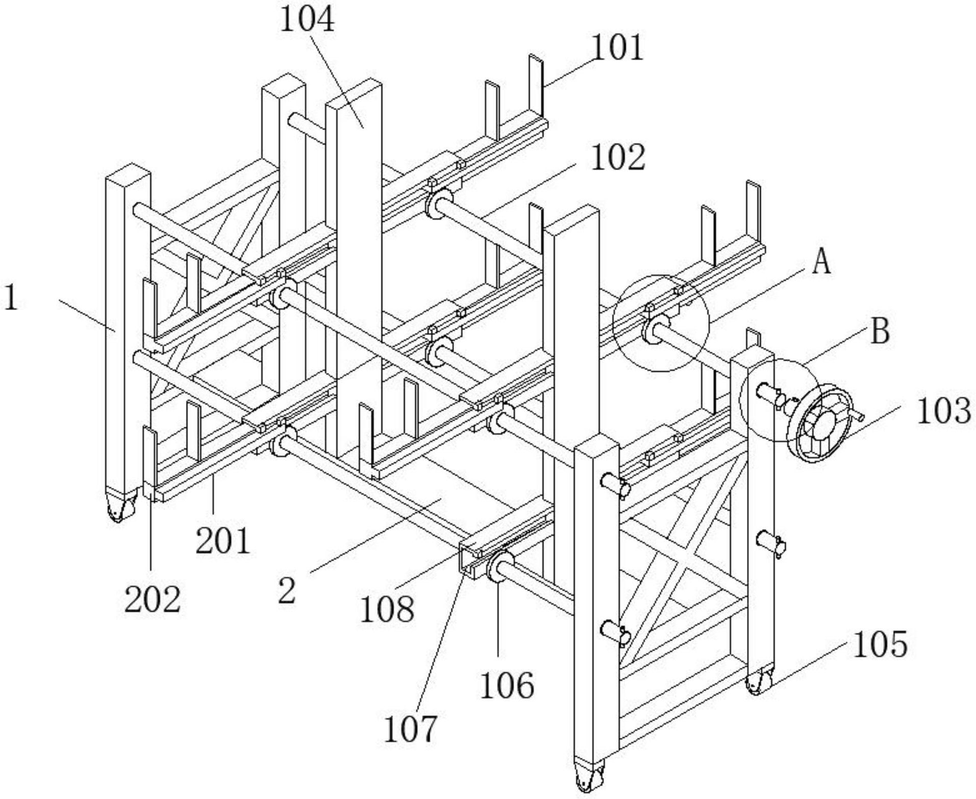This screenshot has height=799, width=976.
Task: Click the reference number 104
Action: tap(307, 20)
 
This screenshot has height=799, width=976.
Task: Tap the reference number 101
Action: tap(617, 49)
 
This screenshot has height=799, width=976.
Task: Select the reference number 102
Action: tap(618, 157)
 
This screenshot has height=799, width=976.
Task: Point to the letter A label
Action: tap(821, 263)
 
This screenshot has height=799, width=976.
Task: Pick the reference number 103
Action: tap(943, 411)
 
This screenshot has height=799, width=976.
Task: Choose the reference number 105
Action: tap(880, 644)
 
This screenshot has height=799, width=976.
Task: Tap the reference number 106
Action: tap(507, 685)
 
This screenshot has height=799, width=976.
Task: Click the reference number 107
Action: tap(410, 729)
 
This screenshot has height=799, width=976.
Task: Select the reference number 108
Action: tap(387, 609)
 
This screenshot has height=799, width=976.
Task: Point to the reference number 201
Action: tap(223, 540)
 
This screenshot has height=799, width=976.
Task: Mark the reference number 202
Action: tap(152, 599)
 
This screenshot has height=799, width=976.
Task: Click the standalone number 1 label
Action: tap(11, 298)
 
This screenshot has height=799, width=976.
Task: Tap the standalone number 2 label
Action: tap(287, 591)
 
